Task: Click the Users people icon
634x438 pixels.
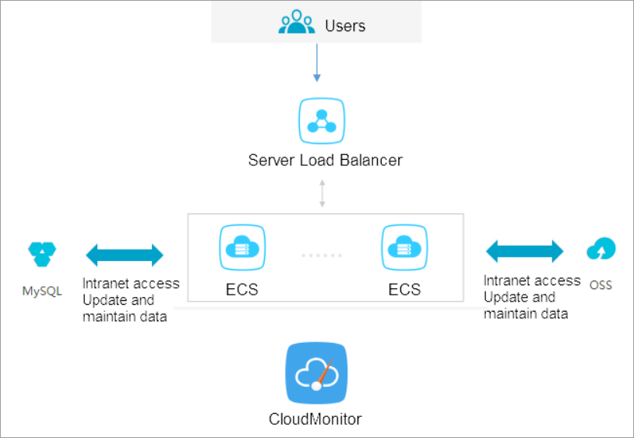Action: (297, 23)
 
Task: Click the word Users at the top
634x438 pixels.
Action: (345, 26)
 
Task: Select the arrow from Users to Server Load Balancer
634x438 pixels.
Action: (316, 62)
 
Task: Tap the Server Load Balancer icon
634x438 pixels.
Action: (322, 121)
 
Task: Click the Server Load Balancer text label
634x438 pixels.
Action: (325, 161)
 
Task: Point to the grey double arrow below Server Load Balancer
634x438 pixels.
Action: (322, 193)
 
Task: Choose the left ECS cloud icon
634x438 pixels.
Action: (242, 248)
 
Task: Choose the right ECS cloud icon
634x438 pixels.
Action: (404, 248)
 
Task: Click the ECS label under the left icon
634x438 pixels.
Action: (242, 290)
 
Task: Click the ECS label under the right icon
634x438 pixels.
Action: (404, 290)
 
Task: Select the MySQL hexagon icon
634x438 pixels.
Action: (42, 253)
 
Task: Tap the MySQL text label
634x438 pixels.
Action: (42, 292)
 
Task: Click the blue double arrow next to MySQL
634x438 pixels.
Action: (125, 255)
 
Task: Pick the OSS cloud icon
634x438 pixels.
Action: (601, 249)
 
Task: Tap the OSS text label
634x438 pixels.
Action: (601, 285)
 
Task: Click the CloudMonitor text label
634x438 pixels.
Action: (315, 419)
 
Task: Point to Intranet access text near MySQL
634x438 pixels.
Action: (131, 284)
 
